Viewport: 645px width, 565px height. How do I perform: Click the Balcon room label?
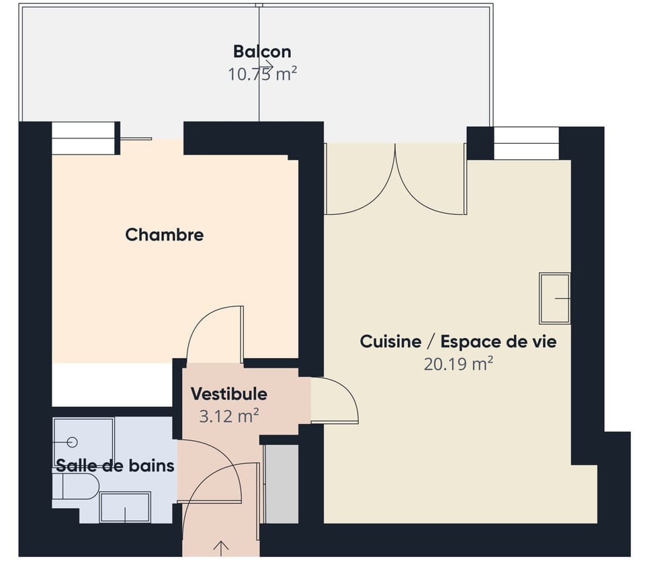262,51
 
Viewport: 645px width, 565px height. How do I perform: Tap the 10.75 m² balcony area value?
262,74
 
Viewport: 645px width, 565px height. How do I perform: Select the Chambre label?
165,234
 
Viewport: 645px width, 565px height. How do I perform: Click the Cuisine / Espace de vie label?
458,341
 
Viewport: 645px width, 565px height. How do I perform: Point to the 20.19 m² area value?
458,364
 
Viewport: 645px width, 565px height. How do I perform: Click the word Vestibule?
228,394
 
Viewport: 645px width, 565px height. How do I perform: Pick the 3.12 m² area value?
229,417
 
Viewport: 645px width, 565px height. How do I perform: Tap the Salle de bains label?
115,465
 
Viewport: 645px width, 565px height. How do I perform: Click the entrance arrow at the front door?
220,547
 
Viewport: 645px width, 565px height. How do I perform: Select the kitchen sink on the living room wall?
555,298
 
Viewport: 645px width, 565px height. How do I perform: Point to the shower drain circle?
73,441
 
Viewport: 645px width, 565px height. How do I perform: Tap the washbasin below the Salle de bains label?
125,507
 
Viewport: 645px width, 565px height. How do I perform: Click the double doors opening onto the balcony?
395,180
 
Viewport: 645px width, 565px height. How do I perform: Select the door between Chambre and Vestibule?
215,333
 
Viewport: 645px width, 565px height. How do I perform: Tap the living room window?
526,143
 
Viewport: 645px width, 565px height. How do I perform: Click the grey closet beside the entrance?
282,482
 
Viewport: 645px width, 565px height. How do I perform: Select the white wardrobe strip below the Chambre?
112,385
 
